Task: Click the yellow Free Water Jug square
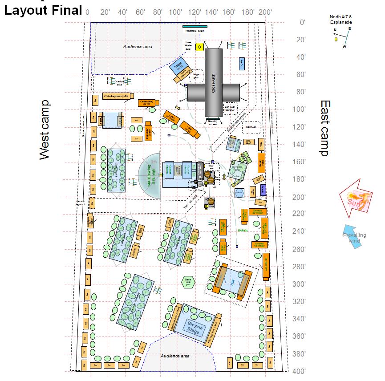pyautogui.click(x=200, y=47)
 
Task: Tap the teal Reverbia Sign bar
pyautogui.click(x=195, y=27)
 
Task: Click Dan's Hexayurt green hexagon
pyautogui.click(x=188, y=281)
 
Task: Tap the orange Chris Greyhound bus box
pyautogui.click(x=117, y=96)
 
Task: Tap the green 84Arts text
pyautogui.click(x=243, y=230)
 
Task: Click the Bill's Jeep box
pyautogui.click(x=248, y=142)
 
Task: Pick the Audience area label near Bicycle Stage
pyautogui.click(x=175, y=356)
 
